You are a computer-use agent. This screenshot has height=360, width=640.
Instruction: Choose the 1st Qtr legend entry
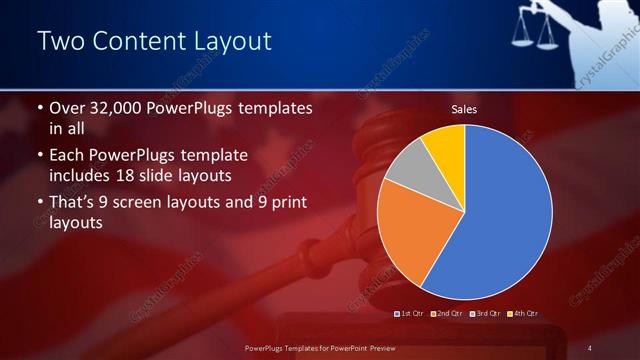410,314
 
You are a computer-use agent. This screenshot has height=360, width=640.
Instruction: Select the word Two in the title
61,41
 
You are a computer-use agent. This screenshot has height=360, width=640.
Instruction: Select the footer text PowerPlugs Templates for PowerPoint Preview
321,347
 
